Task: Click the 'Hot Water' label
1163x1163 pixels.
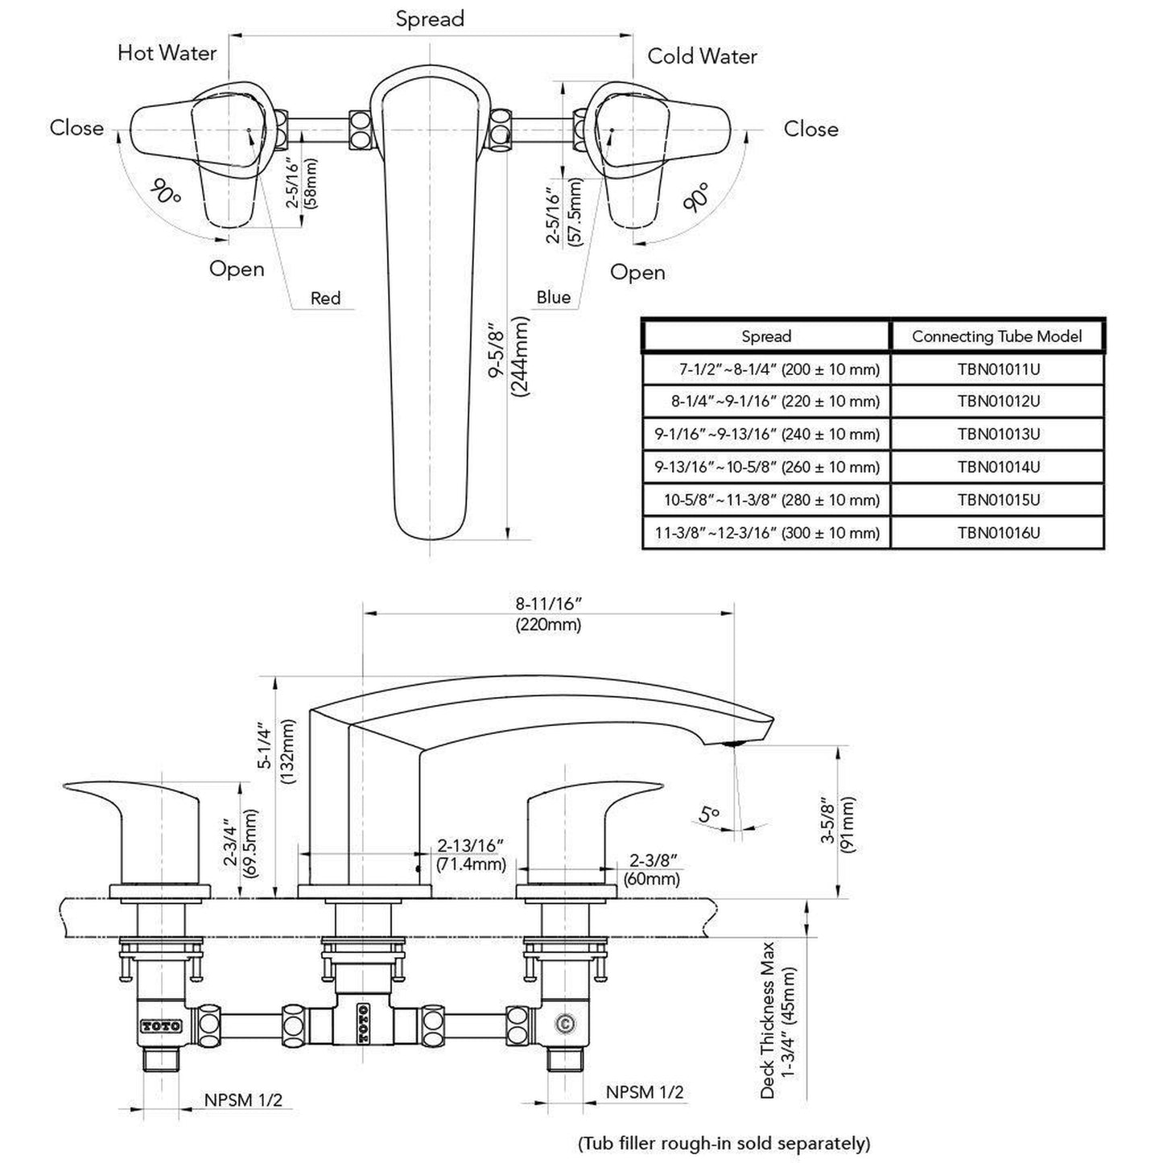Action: (167, 53)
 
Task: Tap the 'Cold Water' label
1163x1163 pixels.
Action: (702, 56)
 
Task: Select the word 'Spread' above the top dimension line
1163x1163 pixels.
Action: (430, 19)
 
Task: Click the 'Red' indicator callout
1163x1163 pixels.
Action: (325, 299)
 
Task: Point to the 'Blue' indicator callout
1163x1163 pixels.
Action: (553, 297)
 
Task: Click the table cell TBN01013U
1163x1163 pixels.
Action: (998, 434)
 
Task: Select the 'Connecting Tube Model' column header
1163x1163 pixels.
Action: (996, 336)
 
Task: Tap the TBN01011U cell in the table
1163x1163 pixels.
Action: (998, 369)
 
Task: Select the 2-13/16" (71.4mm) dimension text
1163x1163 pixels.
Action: (471, 855)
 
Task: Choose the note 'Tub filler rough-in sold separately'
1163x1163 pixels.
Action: (724, 1143)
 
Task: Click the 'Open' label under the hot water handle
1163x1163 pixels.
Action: (237, 269)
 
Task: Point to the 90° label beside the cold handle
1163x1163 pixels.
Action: (697, 197)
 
